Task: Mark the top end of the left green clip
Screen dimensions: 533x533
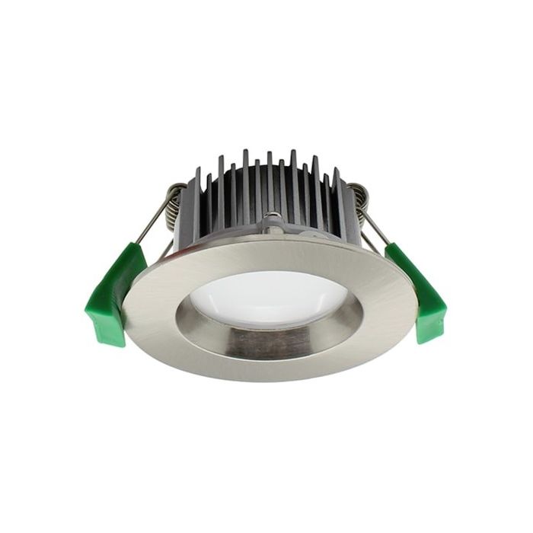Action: (x=137, y=247)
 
